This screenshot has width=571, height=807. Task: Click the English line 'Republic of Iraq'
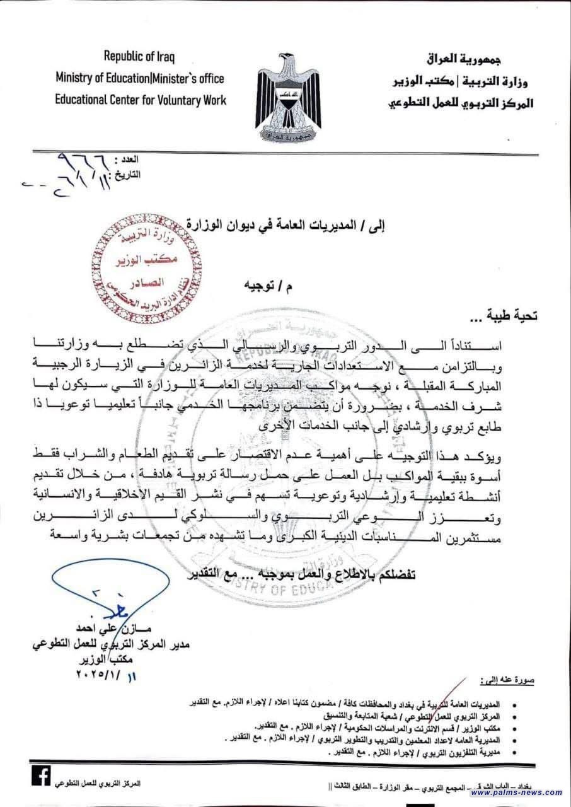(x=139, y=57)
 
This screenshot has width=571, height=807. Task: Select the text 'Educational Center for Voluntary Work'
(x=140, y=99)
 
